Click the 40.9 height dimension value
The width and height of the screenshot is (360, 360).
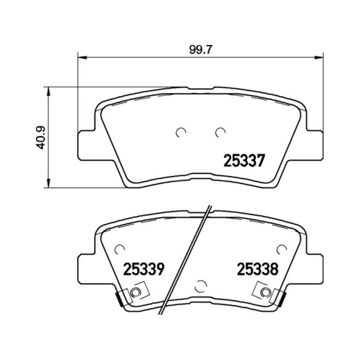(41, 137)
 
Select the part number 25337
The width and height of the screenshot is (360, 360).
(244, 161)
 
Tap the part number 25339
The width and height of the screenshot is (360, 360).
(144, 269)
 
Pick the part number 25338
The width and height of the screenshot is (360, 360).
(257, 269)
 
